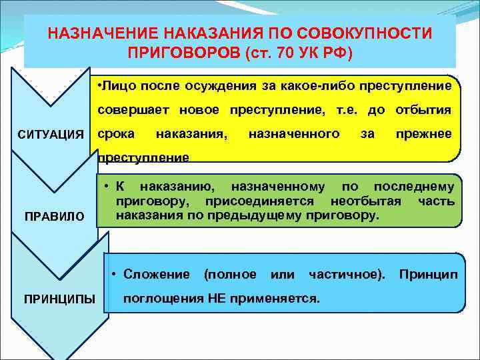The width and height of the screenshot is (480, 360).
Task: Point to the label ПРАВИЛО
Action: (x=55, y=217)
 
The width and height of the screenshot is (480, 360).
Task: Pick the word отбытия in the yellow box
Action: (x=424, y=110)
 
